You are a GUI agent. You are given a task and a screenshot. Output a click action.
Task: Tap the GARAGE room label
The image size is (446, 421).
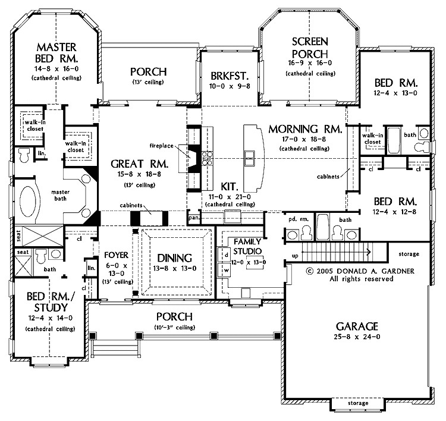[356, 326]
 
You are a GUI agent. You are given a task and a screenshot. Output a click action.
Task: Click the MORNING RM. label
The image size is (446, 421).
[304, 129]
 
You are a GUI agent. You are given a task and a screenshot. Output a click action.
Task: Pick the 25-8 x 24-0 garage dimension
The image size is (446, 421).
[356, 337]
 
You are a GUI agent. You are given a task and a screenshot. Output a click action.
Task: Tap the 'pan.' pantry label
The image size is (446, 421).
[193, 218]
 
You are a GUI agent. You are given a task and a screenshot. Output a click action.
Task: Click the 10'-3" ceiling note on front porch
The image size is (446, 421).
[174, 327]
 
